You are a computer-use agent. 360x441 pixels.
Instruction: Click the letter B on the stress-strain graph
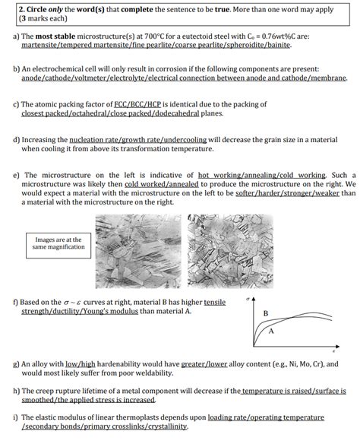pyautogui.click(x=265, y=313)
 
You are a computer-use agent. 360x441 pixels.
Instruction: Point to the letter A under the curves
pyautogui.click(x=272, y=333)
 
